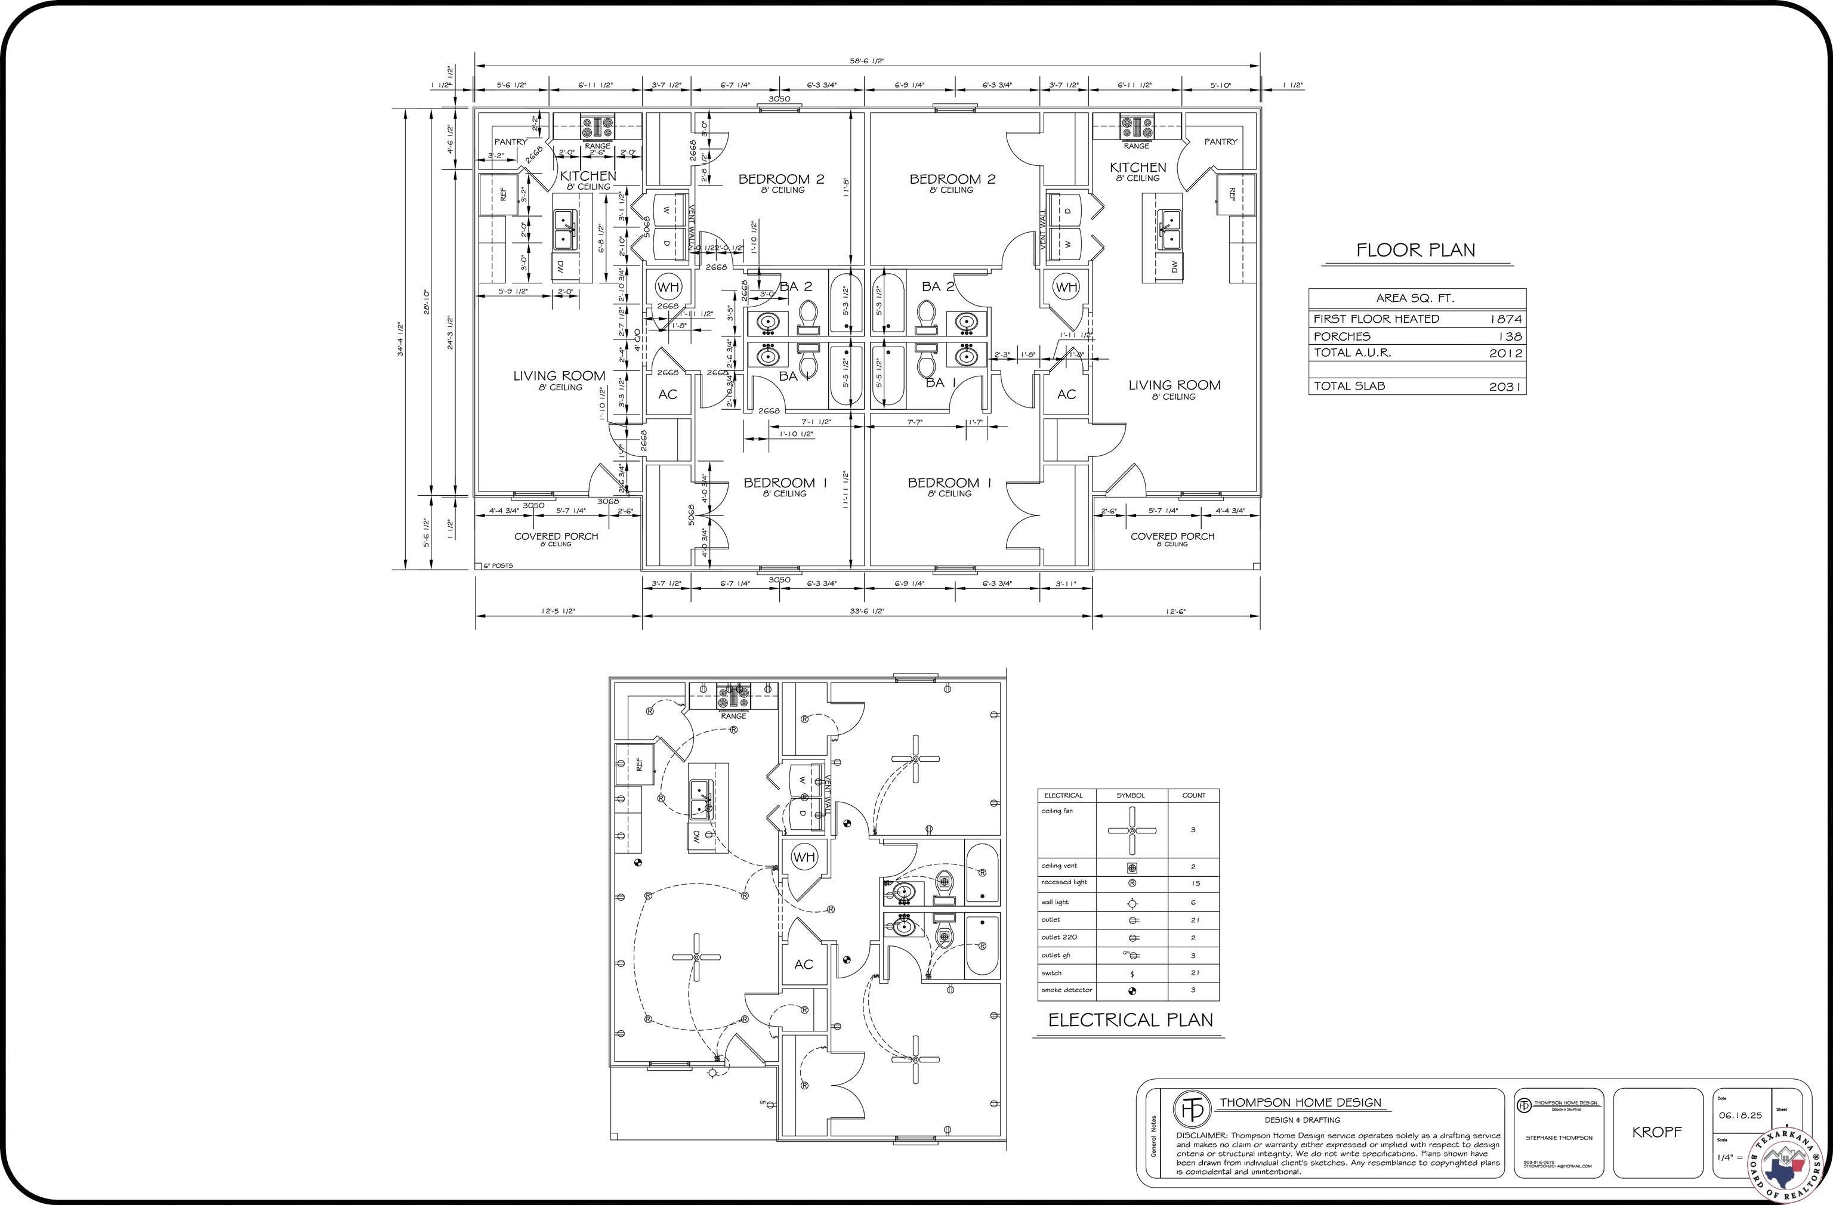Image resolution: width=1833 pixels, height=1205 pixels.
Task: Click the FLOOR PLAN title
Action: point(1415,249)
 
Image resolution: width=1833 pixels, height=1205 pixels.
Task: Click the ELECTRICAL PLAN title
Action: point(1130,1019)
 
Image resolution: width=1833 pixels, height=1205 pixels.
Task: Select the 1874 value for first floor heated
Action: point(1505,319)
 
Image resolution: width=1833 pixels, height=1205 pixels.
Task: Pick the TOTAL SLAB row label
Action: point(1348,386)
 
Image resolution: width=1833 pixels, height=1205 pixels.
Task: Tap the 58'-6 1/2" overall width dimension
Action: point(866,61)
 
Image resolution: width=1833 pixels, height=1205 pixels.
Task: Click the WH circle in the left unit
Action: point(668,287)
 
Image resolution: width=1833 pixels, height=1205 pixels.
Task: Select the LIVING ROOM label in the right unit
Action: point(1174,385)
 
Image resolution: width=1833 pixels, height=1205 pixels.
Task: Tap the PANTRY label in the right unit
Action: point(1221,141)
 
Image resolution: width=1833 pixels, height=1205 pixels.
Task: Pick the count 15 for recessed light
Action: point(1195,883)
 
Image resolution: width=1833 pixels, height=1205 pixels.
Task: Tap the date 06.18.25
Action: point(1740,1115)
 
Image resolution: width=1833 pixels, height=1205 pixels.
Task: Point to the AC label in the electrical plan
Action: point(803,964)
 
